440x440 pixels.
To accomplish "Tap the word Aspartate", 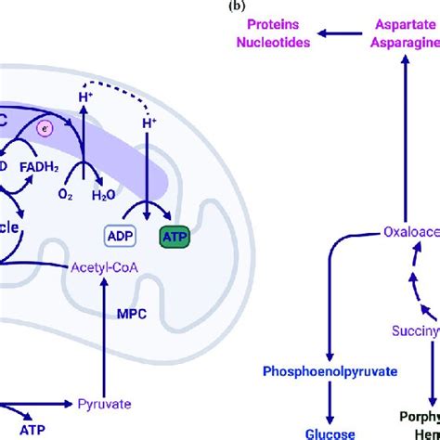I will (x=407, y=27).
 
